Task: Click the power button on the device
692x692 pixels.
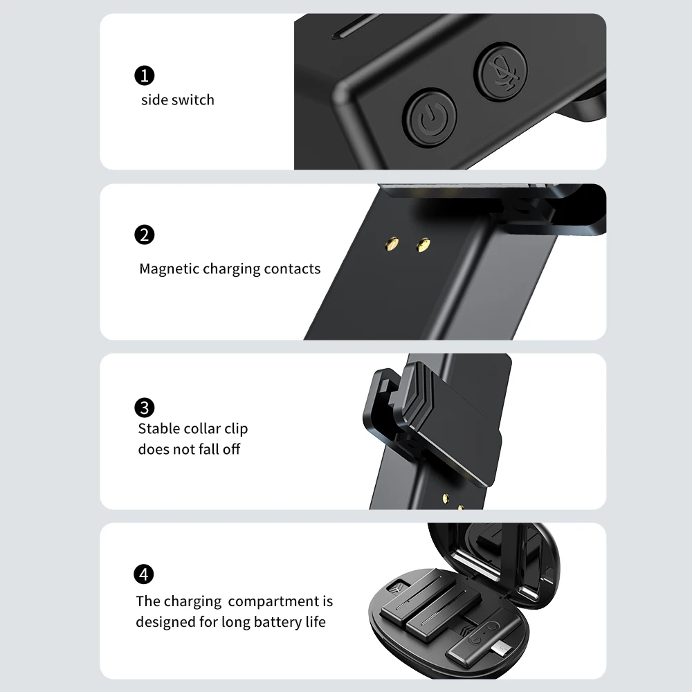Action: point(430,118)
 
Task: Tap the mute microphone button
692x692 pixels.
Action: point(501,71)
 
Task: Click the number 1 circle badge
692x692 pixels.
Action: point(145,75)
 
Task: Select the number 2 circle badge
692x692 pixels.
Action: point(145,235)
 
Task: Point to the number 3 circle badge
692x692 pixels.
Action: point(145,408)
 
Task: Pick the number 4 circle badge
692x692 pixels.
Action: point(144,574)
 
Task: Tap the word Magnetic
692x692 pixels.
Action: point(169,268)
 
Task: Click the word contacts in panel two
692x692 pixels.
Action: point(292,268)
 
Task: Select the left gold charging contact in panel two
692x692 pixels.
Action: point(392,243)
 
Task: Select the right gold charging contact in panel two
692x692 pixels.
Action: point(424,245)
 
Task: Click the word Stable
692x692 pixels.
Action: point(158,428)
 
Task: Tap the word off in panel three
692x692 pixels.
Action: point(231,449)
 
